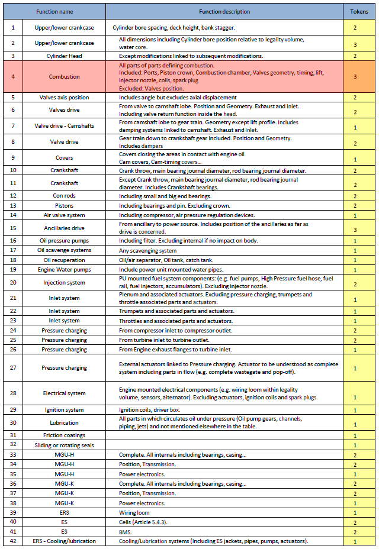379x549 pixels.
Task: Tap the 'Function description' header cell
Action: (224, 11)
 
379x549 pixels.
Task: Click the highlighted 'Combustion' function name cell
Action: (64, 76)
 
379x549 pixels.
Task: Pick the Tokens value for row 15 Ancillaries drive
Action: (355, 228)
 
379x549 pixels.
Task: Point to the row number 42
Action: (13, 541)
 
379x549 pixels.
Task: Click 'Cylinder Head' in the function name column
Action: (64, 56)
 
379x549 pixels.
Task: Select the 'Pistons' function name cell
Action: (64, 205)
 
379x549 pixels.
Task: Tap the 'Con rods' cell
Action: (64, 196)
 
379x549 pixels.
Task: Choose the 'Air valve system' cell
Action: (64, 215)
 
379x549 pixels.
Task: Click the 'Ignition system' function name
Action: (64, 410)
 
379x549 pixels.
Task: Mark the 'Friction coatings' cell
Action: (64, 435)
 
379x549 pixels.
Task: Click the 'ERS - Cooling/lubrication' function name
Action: (64, 541)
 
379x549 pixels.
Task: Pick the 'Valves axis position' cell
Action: (64, 97)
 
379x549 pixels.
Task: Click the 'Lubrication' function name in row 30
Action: (64, 422)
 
